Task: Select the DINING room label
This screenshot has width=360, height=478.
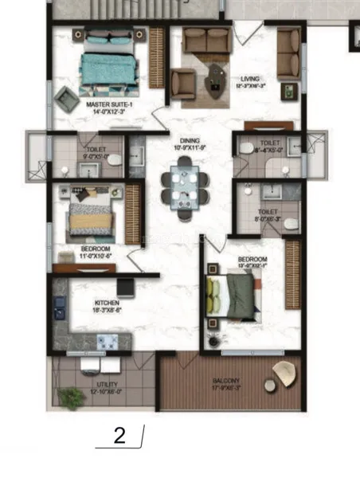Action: (189, 142)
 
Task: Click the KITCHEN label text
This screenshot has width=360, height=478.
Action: (107, 304)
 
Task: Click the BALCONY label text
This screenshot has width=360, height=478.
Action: (225, 382)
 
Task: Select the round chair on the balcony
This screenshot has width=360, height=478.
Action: (283, 373)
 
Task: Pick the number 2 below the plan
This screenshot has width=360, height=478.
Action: (120, 436)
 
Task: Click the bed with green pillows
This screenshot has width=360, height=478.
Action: (233, 297)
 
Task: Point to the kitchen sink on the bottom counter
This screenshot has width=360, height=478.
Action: (107, 342)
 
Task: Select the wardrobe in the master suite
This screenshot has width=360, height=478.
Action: (156, 57)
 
